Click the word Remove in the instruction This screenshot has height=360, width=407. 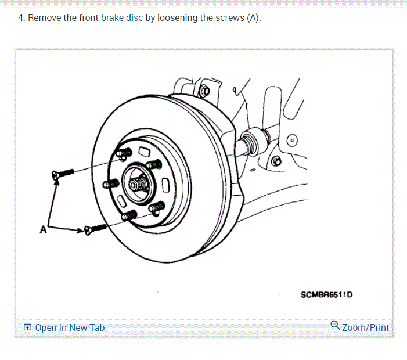point(44,18)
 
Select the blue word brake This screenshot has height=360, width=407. point(111,18)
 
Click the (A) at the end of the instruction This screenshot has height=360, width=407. point(253,18)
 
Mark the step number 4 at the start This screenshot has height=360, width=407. point(21,18)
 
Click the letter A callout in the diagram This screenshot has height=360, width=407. point(42,229)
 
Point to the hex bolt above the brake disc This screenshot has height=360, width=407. point(204,90)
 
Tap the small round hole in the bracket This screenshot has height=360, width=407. point(292,140)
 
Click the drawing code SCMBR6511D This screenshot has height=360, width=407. point(326,294)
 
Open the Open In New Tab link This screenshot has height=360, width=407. point(69,327)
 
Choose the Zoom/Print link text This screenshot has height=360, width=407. point(365,327)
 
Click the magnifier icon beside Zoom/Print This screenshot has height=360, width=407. point(335,325)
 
